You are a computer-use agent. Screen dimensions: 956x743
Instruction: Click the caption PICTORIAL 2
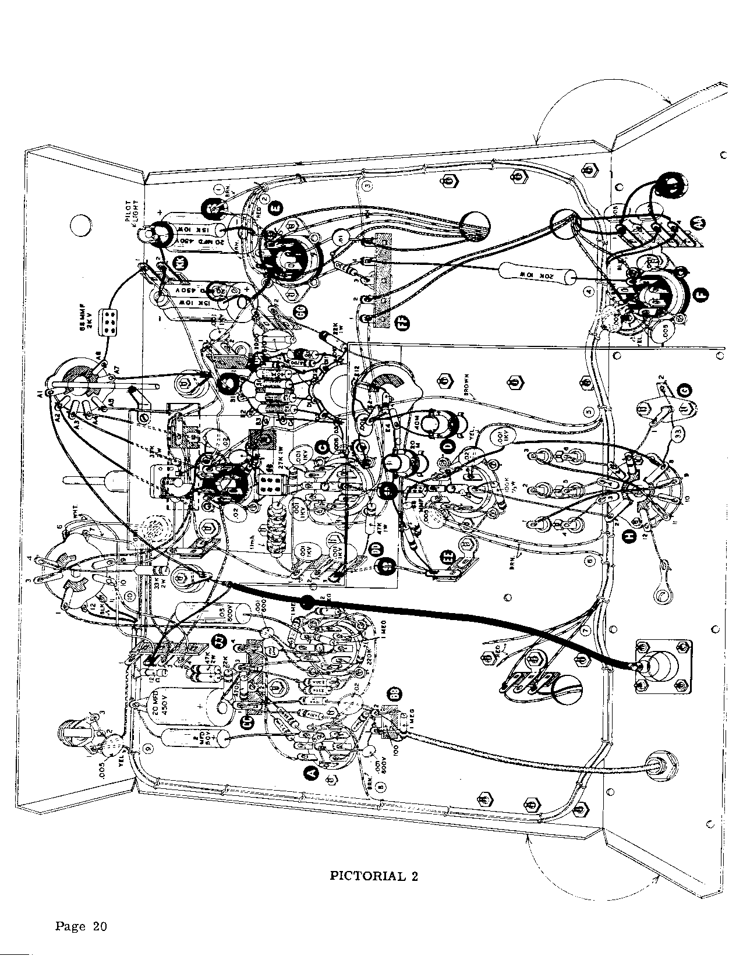[x=374, y=876]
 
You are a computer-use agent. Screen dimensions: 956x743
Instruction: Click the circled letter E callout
[x=276, y=206]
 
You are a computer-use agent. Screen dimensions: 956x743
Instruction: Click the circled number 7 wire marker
[x=586, y=631]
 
